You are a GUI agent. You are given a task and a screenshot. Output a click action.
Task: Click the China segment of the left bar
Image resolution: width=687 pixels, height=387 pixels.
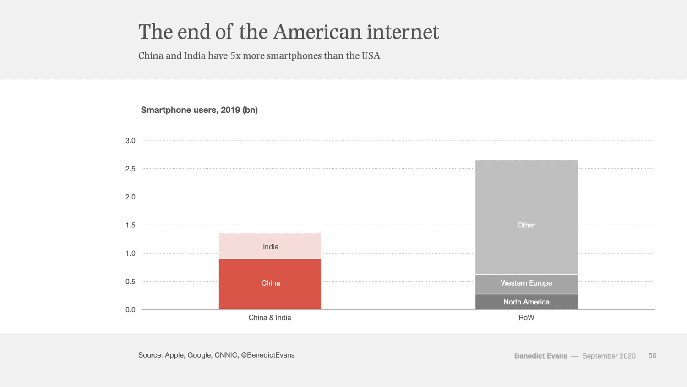(x=270, y=284)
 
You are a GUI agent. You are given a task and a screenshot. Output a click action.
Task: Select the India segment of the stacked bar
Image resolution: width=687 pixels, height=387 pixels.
(x=270, y=246)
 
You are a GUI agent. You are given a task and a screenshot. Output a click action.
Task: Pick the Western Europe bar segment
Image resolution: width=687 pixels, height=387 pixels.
(x=526, y=284)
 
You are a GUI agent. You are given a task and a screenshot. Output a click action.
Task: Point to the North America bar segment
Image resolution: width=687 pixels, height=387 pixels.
(x=526, y=302)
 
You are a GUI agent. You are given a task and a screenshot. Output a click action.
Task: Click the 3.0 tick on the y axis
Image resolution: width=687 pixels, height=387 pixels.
(x=131, y=141)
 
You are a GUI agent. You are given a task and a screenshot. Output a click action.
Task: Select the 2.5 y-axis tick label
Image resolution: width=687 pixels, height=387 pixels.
(x=131, y=169)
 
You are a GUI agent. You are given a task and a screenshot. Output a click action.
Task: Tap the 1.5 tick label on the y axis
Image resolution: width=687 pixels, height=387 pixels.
(x=131, y=225)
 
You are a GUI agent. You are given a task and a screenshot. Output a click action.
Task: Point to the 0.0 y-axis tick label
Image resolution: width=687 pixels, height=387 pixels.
(x=131, y=310)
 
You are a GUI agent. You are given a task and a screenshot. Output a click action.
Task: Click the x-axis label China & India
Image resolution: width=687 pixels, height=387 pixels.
(x=270, y=318)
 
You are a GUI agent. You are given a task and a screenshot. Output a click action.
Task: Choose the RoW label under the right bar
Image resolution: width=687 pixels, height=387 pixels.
(x=526, y=318)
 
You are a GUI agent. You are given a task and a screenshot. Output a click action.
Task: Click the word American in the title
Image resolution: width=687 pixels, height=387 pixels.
(x=317, y=32)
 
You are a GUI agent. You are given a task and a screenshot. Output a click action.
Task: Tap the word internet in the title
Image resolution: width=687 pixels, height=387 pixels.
(x=403, y=32)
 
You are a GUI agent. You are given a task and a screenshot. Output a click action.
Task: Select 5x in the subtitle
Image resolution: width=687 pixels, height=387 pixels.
(x=235, y=56)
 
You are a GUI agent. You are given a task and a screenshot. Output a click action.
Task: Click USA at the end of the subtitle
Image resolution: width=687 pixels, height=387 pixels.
(x=371, y=56)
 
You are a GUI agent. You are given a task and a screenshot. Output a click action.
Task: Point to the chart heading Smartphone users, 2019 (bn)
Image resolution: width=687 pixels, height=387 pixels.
(x=199, y=110)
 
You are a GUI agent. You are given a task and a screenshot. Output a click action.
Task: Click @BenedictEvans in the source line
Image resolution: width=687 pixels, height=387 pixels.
(x=268, y=355)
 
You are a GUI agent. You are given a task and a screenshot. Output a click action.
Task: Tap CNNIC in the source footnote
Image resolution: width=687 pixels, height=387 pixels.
(x=226, y=355)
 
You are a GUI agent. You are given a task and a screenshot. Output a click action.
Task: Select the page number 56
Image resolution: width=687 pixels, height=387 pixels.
(x=652, y=356)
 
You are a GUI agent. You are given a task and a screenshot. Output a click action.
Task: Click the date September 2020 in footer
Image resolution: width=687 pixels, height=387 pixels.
(x=609, y=356)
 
